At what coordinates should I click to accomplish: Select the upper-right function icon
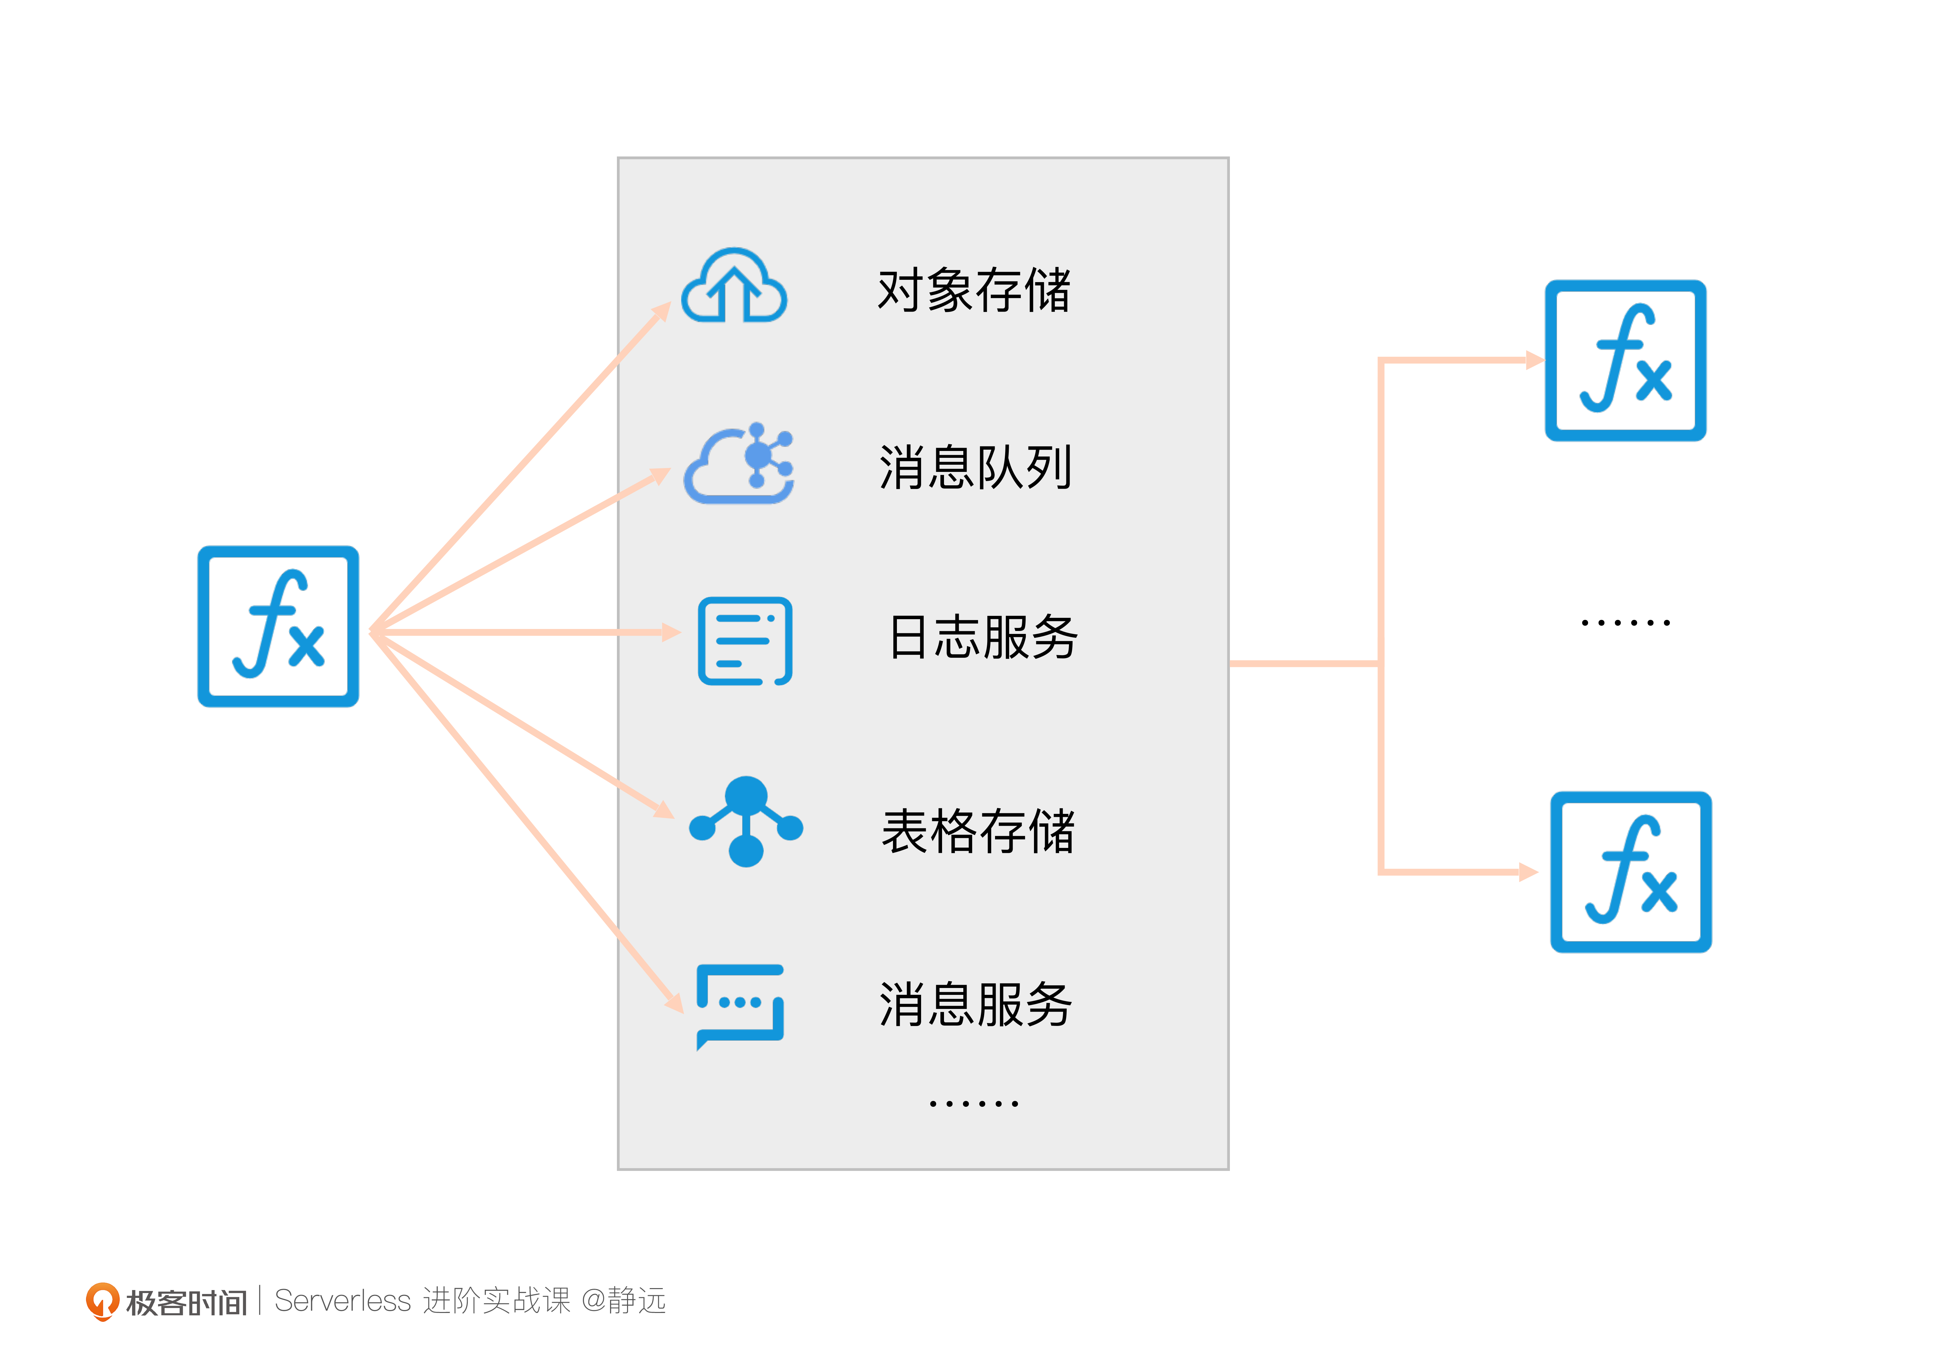(x=1625, y=360)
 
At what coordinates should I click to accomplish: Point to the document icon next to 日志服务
(x=744, y=640)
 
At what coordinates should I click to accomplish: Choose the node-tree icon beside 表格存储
(x=746, y=821)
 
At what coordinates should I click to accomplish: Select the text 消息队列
(x=976, y=467)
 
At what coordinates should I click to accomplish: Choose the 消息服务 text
(x=976, y=1005)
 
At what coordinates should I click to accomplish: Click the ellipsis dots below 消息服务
(x=973, y=1104)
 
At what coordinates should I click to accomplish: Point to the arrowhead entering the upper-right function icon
(x=1533, y=360)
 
